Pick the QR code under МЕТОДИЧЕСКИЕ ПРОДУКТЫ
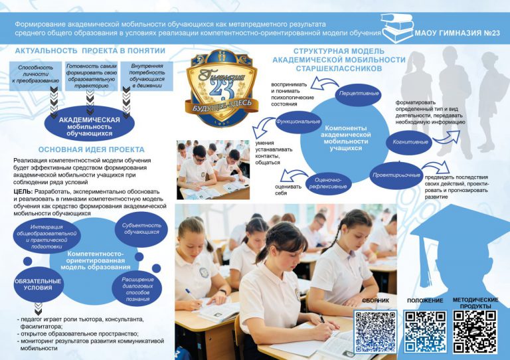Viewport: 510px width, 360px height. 475,331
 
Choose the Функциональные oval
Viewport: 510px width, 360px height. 298,122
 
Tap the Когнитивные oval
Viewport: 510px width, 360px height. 410,141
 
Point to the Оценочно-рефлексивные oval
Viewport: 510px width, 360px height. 328,181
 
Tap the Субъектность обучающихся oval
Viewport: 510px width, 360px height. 141,228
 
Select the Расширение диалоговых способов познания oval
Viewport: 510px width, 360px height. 137,284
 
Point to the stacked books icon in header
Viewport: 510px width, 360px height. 398,30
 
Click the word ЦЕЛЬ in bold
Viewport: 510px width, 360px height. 23,191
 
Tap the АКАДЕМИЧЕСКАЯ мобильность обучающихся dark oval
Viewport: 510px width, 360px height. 89,124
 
